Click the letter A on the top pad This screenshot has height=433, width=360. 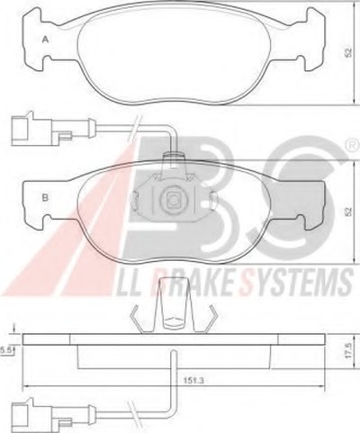pos(45,40)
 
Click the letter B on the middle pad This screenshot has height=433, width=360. pos(45,198)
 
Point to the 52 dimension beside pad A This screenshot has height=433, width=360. pos(348,53)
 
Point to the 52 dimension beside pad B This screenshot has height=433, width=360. pos(348,212)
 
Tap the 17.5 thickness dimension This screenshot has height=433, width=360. pos(348,351)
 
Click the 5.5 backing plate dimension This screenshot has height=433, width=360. pos(5,350)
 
